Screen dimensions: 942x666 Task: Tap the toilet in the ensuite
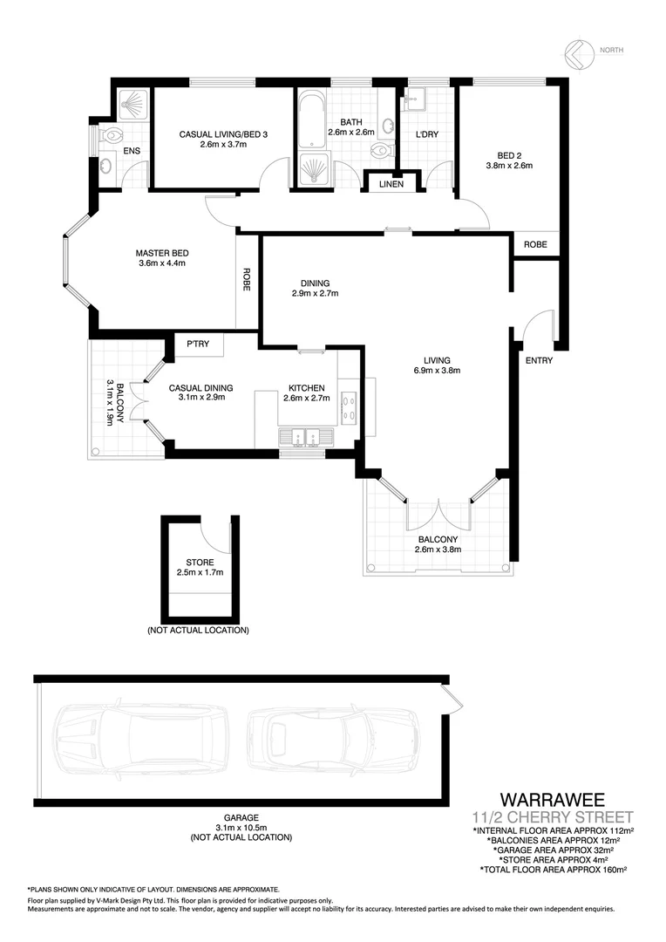(x=112, y=138)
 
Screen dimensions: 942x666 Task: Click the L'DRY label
(x=426, y=134)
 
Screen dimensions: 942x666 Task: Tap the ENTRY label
(x=538, y=360)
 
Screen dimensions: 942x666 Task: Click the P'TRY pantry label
(x=198, y=345)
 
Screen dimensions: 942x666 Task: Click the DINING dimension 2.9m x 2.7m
(x=315, y=294)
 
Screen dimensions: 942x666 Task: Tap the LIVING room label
(x=437, y=360)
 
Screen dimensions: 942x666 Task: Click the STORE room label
(x=200, y=563)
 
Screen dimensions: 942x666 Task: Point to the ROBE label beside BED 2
(x=535, y=245)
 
